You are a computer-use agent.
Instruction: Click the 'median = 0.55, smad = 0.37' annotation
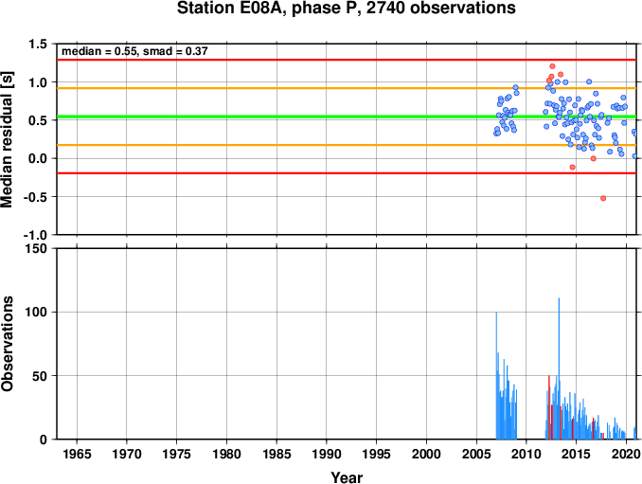coord(134,51)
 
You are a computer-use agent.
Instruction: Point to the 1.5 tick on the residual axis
coord(38,44)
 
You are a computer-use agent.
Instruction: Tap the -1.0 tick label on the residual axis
coord(35,235)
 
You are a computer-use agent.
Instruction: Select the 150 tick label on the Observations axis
coord(36,248)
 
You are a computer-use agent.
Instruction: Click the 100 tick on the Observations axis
coord(36,312)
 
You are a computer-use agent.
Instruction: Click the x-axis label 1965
coord(77,454)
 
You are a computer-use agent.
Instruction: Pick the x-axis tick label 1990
coord(327,454)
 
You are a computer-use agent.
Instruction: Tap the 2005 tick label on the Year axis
coord(476,454)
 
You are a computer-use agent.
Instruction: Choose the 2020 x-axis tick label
coord(626,454)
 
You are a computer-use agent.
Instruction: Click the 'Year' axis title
coord(347,477)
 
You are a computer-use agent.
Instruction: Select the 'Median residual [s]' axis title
coord(7,139)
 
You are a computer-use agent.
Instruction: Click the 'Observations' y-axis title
coord(7,344)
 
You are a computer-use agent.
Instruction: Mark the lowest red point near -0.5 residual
coord(603,198)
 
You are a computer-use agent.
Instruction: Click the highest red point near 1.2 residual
coord(552,66)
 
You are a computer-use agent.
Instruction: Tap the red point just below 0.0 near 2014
coord(572,167)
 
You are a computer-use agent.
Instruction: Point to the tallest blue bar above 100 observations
coord(559,368)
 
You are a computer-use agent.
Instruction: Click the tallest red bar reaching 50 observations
coord(549,407)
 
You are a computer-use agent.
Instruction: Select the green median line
coord(347,117)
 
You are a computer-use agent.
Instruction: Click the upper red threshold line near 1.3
coord(347,60)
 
